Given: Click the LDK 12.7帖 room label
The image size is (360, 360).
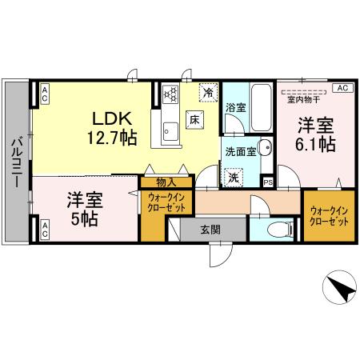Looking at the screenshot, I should pyautogui.click(x=110, y=126).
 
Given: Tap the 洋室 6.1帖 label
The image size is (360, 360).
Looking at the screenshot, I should pyautogui.click(x=316, y=134).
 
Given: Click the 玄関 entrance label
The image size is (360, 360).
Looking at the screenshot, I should pyautogui.click(x=210, y=229).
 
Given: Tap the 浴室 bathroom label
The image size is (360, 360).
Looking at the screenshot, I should pyautogui.click(x=235, y=107).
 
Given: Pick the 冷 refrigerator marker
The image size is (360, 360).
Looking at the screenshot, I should pyautogui.click(x=208, y=93).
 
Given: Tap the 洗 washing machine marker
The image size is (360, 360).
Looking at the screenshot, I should pyautogui.click(x=234, y=175).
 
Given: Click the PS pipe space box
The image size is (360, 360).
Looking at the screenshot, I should pyautogui.click(x=267, y=182).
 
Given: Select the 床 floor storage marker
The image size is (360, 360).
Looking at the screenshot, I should pyautogui.click(x=194, y=120).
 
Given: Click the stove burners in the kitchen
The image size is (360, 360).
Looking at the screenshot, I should pyautogui.click(x=170, y=94).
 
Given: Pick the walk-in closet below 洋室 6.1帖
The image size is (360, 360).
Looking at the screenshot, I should pyautogui.click(x=328, y=215).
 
